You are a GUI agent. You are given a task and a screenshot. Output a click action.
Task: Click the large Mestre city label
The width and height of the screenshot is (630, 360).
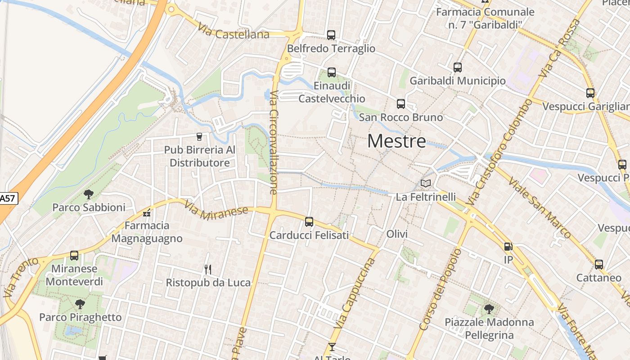pos(396,141)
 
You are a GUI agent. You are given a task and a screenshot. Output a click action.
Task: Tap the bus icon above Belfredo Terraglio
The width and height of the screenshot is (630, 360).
pos(331,35)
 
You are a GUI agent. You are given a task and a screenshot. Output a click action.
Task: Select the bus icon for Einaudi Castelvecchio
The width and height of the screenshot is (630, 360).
pos(332,72)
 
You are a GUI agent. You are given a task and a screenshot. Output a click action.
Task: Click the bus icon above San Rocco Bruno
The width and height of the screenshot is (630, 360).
pos(401,104)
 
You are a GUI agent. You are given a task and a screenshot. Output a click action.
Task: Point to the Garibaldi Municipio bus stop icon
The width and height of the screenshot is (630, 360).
pos(458,67)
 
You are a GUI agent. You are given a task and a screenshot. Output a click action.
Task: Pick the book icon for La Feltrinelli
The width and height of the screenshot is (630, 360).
pos(426,183)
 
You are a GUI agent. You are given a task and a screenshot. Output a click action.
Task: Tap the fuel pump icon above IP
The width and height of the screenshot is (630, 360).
pos(508,247)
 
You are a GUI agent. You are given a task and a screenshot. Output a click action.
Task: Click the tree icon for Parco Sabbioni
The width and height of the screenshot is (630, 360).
pos(89,194)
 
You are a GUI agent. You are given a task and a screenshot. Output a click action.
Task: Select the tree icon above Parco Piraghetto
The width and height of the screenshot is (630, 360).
pos(80,304)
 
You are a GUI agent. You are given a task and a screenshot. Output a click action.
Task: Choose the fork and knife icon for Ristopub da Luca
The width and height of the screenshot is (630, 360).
pos(208,270)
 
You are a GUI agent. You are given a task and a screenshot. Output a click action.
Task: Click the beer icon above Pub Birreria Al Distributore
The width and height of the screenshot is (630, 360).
pos(199,136)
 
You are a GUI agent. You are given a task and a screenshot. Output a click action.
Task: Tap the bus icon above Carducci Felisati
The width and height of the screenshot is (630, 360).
pos(309,221)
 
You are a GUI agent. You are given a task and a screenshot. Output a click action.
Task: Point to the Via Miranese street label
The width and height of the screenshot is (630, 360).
pos(216,210)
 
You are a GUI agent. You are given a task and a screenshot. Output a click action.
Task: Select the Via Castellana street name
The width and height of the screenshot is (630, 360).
pos(234,31)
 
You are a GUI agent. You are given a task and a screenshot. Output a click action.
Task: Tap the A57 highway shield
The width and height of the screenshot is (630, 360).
pos(8,198)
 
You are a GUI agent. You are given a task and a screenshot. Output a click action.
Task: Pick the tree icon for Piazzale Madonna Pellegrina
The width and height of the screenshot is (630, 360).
pos(489,309)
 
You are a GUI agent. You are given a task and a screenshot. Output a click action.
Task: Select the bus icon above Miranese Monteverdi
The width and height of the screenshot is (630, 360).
pos(74,256)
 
